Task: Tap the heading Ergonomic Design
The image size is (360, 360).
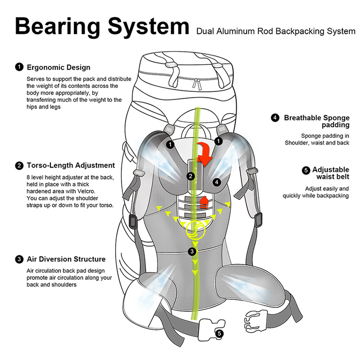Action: click(59, 67)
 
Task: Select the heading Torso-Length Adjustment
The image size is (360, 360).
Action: click(71, 166)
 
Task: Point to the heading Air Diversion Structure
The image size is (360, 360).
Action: click(66, 259)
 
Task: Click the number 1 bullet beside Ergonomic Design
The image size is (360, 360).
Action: click(19, 67)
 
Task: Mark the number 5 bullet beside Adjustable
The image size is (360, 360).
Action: click(306, 170)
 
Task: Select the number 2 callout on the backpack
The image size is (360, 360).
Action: click(191, 176)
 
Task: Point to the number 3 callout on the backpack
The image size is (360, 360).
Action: click(192, 251)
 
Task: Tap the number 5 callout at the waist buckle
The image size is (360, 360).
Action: click(219, 333)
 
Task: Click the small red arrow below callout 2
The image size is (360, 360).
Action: click(204, 202)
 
